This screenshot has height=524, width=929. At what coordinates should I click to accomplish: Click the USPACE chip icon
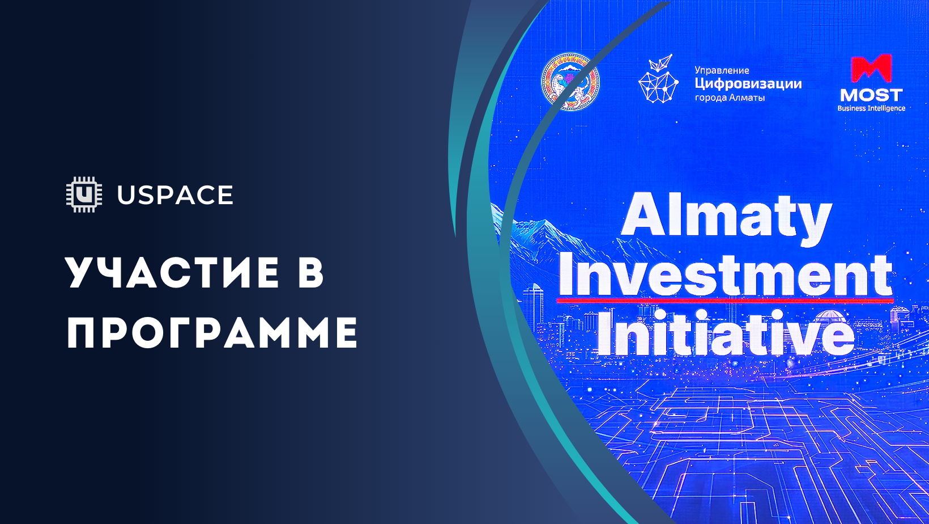84,195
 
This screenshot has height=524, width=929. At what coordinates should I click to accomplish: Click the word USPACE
175,196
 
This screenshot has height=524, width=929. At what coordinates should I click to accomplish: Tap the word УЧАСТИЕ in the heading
173,273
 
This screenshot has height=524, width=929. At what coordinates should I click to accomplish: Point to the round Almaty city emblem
570,82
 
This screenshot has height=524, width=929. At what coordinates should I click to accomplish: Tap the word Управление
722,70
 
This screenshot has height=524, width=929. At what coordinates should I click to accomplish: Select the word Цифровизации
748,84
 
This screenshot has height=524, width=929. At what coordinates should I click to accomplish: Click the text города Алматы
730,98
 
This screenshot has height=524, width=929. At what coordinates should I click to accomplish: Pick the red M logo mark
871,69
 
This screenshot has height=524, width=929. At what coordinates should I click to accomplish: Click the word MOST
871,95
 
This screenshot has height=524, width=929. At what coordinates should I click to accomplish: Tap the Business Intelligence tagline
871,108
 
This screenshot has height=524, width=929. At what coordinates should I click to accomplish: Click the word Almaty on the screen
726,216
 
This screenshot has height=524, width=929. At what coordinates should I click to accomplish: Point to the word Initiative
725,333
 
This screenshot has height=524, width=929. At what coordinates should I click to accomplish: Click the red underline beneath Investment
725,300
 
